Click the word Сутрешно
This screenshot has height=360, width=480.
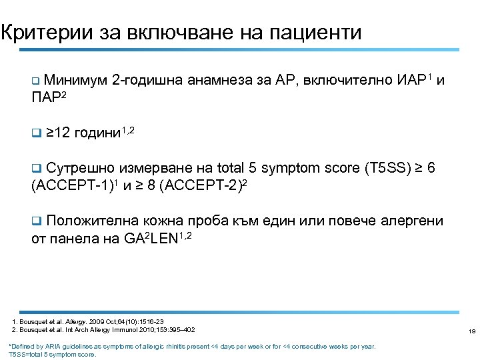point(75,169)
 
